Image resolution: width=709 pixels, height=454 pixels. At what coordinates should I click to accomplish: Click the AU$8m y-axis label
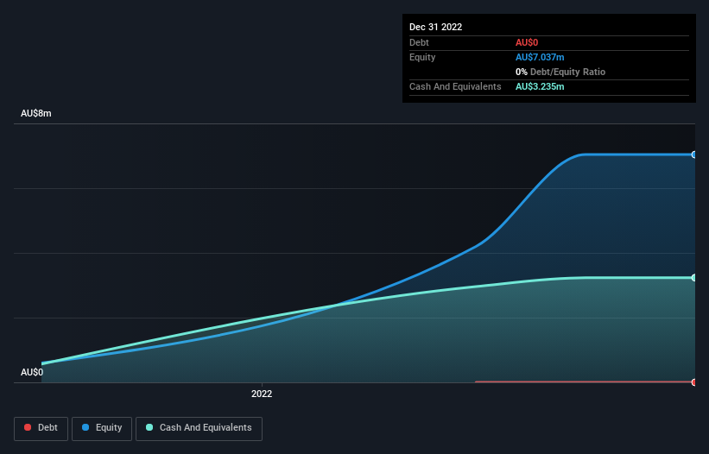coord(36,113)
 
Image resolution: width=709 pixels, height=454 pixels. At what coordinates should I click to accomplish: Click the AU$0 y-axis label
coord(32,372)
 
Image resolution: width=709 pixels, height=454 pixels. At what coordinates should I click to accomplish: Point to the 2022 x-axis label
coord(262,394)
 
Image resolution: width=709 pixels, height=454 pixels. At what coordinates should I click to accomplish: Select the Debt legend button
coord(41,428)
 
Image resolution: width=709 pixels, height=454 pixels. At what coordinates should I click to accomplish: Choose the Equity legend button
coord(102,428)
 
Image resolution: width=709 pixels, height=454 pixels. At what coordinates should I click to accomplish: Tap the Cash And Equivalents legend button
coord(199,428)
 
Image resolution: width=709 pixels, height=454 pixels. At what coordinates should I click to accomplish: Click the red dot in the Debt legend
coord(28,428)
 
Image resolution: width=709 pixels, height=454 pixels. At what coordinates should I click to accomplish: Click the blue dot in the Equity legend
coord(86,428)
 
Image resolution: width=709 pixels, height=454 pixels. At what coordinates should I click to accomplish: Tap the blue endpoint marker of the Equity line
coord(694,154)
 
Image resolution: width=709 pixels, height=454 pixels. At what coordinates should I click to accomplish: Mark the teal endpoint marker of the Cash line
coord(694,278)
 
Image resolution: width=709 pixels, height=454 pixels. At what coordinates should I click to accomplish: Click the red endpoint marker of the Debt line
coord(694,381)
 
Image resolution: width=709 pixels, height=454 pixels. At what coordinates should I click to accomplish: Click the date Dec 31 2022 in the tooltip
coord(435,27)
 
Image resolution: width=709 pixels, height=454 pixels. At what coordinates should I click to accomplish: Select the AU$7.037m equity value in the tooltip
coord(541,57)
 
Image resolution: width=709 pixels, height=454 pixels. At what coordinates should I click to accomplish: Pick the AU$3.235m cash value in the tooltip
coord(540,86)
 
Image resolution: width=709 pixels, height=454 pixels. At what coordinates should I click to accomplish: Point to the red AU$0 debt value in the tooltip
coord(528,42)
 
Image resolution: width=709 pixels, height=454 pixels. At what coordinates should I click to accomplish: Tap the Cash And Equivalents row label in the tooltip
coord(455,86)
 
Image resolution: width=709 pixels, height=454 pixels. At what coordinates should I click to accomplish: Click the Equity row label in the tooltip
coord(422,57)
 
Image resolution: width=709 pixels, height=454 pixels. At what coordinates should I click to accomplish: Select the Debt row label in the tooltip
coord(419,42)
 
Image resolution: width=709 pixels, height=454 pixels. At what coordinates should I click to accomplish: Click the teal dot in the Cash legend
coord(150,428)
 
